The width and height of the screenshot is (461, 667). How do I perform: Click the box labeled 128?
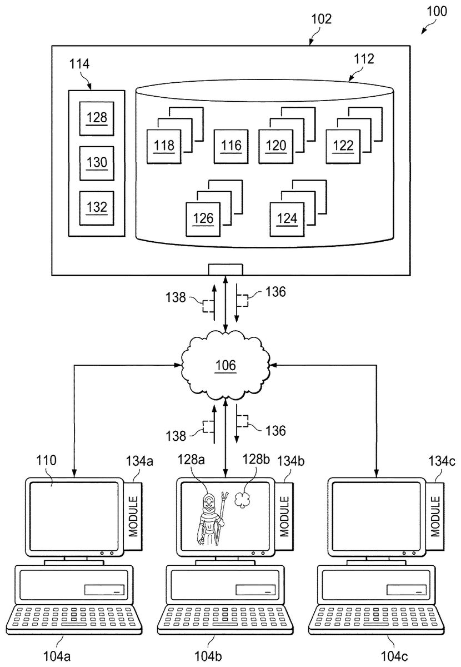click(x=96, y=118)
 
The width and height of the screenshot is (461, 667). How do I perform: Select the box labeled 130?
click(x=96, y=163)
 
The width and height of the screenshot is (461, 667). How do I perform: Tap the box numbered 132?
click(x=96, y=207)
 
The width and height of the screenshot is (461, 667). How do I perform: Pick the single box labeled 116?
click(x=231, y=146)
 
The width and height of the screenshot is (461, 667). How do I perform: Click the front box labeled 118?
click(x=164, y=146)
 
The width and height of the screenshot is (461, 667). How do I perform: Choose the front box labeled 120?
click(x=276, y=146)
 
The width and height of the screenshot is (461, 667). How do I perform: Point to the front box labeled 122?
click(x=343, y=146)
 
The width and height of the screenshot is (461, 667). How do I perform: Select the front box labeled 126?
click(x=203, y=218)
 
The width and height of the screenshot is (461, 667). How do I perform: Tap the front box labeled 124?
click(x=287, y=218)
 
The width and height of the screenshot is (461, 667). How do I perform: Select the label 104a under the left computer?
click(x=58, y=655)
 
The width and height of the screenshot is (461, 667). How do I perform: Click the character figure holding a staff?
click(x=211, y=520)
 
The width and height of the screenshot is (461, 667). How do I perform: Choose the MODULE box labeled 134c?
click(x=436, y=516)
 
